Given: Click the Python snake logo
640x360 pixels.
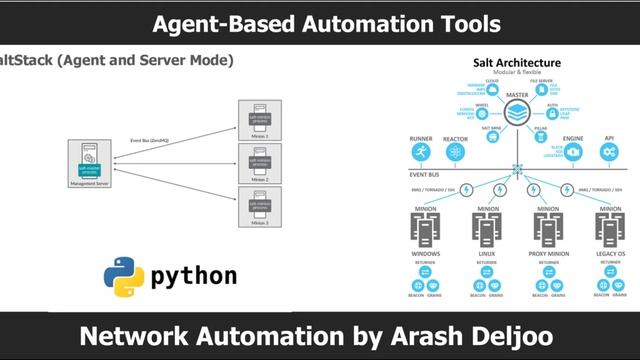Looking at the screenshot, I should tap(123, 277).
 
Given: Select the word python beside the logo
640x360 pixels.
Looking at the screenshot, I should tap(194, 277).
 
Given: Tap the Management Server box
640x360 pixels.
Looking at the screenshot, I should tap(90, 164).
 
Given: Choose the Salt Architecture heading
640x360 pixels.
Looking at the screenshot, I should tap(516, 63).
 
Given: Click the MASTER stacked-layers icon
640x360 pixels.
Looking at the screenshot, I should tap(517, 113).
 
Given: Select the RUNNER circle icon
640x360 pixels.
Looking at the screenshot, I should tap(421, 153).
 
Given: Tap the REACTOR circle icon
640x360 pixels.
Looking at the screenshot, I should tap(455, 153).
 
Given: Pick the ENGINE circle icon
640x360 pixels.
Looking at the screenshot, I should tap(573, 153).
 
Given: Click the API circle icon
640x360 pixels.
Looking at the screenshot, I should tap(609, 153).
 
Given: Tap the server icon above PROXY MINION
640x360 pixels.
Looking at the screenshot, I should tap(547, 229).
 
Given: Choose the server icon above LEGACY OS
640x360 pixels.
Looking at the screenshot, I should tap(610, 229).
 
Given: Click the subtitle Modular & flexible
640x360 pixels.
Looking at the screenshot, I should tap(516, 74).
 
